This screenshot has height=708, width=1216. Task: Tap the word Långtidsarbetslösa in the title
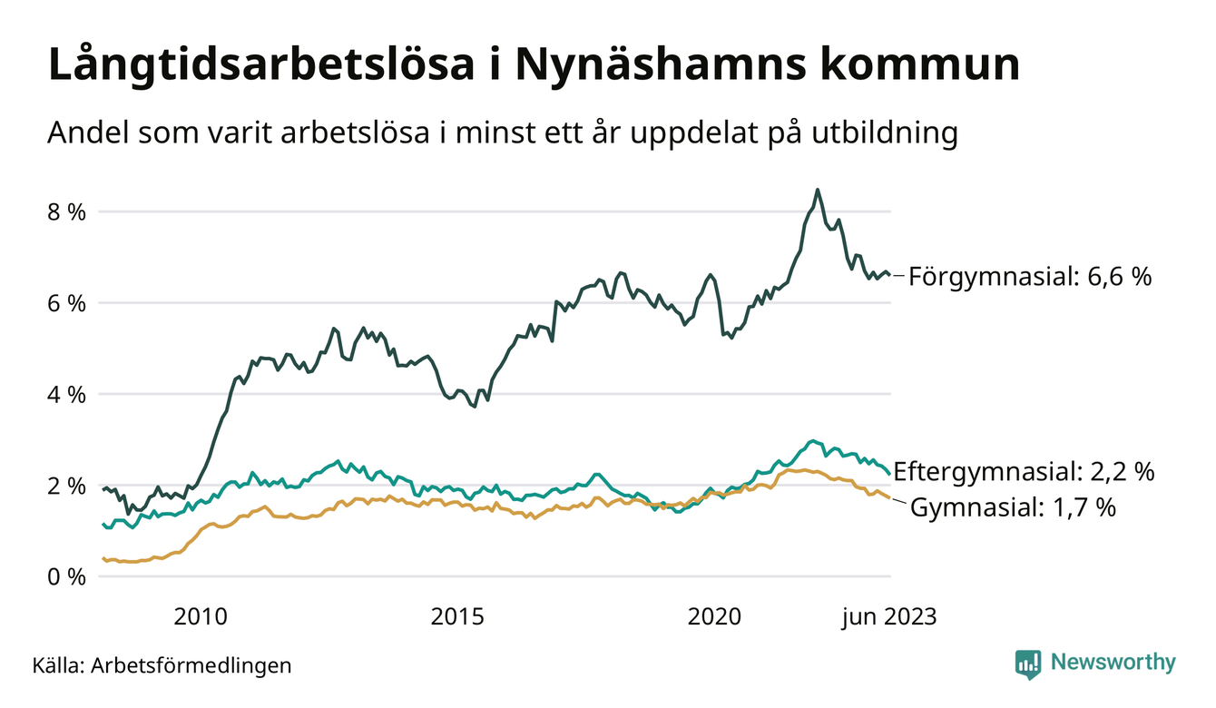(x=258, y=67)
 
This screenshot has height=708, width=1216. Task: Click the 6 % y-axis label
(x=65, y=303)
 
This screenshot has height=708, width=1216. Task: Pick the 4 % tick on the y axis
(x=65, y=395)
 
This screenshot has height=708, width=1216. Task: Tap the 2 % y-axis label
(x=65, y=486)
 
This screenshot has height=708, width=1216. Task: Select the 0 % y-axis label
(x=65, y=577)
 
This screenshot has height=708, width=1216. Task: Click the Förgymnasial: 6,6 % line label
(x=1030, y=277)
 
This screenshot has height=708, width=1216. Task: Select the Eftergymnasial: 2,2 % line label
(x=1024, y=472)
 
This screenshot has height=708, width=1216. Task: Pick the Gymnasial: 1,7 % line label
(x=1012, y=508)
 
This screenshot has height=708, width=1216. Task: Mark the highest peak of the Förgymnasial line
(x=818, y=190)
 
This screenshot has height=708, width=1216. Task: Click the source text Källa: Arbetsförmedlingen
(x=162, y=665)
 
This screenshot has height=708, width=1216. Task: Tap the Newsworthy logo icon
(x=1027, y=664)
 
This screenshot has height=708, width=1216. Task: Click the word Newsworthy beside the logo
(x=1113, y=663)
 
